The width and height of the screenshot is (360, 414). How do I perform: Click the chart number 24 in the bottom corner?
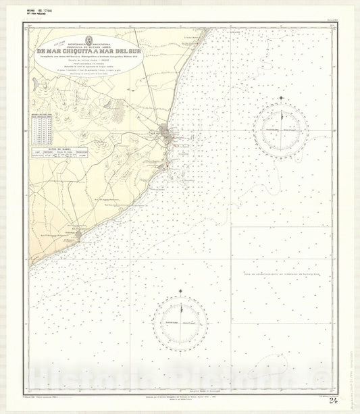[x=333, y=400]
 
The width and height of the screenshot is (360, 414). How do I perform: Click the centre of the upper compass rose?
[x=281, y=129]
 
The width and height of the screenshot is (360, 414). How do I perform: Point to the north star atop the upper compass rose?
[x=281, y=98]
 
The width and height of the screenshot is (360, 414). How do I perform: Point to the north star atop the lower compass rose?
[x=180, y=292]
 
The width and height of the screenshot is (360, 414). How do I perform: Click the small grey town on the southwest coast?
[x=78, y=234]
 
